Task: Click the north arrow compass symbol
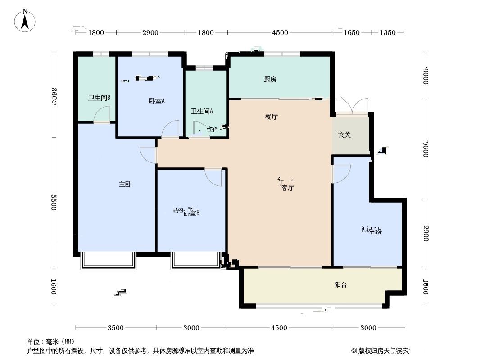pyautogui.click(x=26, y=20)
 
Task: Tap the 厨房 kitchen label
pyautogui.click(x=270, y=80)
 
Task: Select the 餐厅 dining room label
pyautogui.click(x=271, y=117)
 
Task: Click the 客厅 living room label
pyautogui.click(x=287, y=189)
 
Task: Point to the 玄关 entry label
pyautogui.click(x=344, y=135)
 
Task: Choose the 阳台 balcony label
pyautogui.click(x=340, y=285)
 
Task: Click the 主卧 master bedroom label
pyautogui.click(x=125, y=184)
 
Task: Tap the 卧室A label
pyautogui.click(x=157, y=101)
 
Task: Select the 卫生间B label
pyautogui.click(x=99, y=98)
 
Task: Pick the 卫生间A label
pyautogui.click(x=202, y=111)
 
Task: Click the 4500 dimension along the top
pyautogui.click(x=280, y=32)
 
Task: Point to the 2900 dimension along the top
pyautogui.click(x=150, y=32)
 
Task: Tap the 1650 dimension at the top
pyautogui.click(x=352, y=32)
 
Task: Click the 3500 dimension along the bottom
pyautogui.click(x=116, y=328)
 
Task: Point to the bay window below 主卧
pyautogui.click(x=108, y=261)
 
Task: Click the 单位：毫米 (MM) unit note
pyautogui.click(x=51, y=342)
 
